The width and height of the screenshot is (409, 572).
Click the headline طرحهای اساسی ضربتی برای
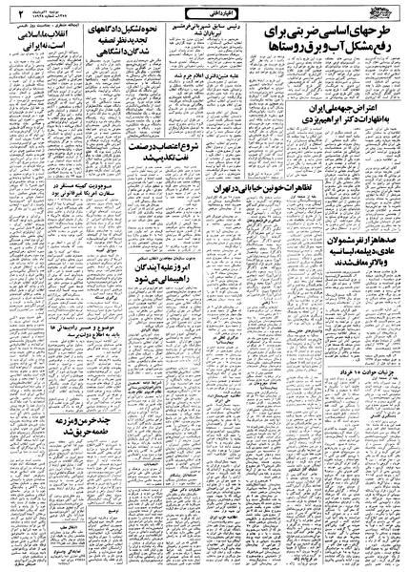(x=322, y=32)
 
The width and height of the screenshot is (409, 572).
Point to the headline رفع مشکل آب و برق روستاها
(x=322, y=49)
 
